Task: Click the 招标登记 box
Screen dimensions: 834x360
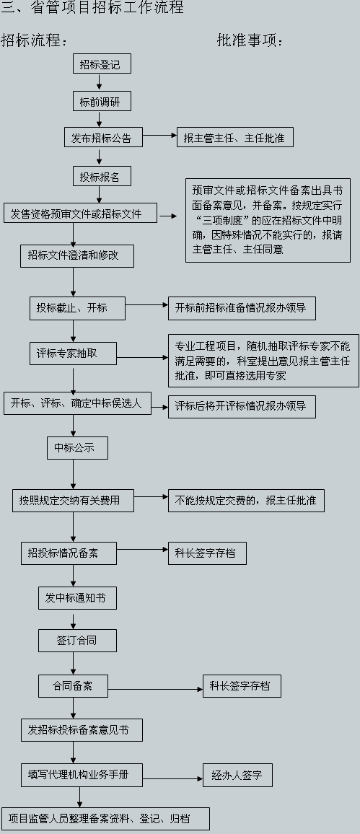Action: pyautogui.click(x=102, y=64)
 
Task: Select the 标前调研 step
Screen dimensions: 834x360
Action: pyautogui.click(x=102, y=102)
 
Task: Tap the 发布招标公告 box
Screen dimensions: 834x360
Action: pyautogui.click(x=102, y=138)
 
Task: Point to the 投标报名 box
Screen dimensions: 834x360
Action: pyautogui.click(x=100, y=177)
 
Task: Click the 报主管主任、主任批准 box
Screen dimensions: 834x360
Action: pyautogui.click(x=235, y=137)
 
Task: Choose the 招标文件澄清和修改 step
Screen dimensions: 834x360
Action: pyautogui.click(x=74, y=255)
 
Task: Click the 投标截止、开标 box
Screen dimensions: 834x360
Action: pyautogui.click(x=77, y=308)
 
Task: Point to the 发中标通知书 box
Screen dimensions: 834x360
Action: pyautogui.click(x=77, y=597)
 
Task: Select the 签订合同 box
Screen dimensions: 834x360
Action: pyautogui.click(x=77, y=640)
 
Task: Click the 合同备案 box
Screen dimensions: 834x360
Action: pyautogui.click(x=73, y=685)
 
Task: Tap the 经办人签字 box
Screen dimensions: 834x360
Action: pyautogui.click(x=237, y=776)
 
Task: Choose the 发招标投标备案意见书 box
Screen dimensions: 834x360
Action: pyautogui.click(x=82, y=729)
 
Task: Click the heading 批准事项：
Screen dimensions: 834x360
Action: pyautogui.click(x=250, y=40)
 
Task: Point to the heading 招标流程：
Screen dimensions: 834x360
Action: pyautogui.click(x=34, y=40)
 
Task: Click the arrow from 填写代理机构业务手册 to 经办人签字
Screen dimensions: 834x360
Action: pyautogui.click(x=172, y=778)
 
